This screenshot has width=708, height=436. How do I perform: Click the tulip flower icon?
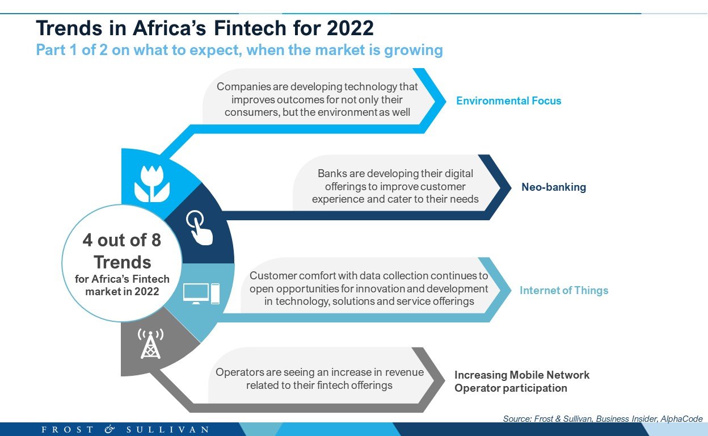coord(152,184)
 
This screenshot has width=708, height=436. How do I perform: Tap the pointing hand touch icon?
coord(200,228)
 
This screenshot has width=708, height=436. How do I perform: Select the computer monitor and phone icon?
coord(201,294)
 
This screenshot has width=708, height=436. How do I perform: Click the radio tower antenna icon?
coord(150,343)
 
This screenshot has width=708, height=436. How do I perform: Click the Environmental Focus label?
coord(508,100)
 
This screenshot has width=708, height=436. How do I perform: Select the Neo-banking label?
coord(554,187)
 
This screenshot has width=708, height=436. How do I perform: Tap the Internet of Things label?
coord(564,290)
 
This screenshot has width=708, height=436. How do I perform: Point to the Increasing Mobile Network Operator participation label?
coord(522,381)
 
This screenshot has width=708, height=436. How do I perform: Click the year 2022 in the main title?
coord(350,28)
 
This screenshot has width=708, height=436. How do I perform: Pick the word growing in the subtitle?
coord(414,51)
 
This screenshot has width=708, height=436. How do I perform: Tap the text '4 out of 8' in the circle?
coord(122,240)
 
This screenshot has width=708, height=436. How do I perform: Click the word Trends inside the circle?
coord(123,262)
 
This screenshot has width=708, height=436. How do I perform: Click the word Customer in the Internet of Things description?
coord(273,275)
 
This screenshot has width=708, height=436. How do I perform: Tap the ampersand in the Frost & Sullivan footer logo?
coord(109,429)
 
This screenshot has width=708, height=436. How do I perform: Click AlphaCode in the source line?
coord(681,419)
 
